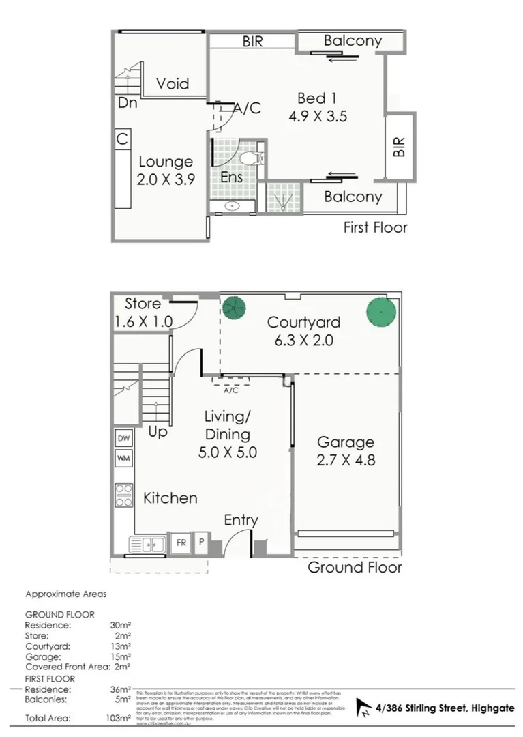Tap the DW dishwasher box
click(x=123, y=438)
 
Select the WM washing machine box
click(x=123, y=458)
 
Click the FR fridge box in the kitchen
click(x=181, y=543)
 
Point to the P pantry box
click(x=201, y=543)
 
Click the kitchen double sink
click(x=147, y=544)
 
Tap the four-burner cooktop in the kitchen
click(x=123, y=495)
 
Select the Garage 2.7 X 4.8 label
click(x=345, y=451)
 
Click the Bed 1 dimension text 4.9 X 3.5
click(x=318, y=116)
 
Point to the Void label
click(x=173, y=84)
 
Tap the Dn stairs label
click(x=127, y=104)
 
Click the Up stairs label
click(x=158, y=432)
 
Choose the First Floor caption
click(x=375, y=227)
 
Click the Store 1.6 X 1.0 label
click(x=143, y=312)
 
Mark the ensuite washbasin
click(x=231, y=205)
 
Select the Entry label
click(x=241, y=521)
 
